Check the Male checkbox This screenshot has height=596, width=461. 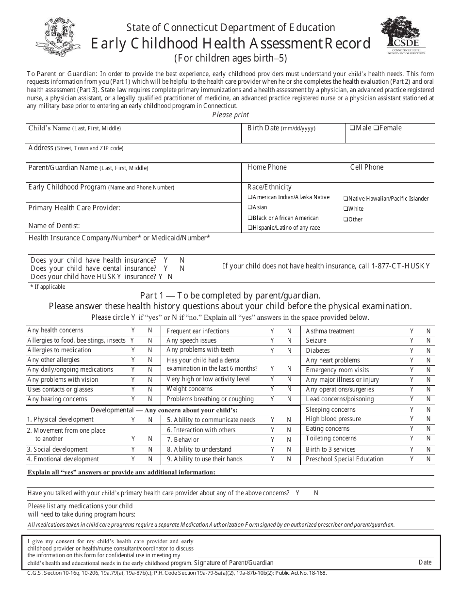pos(351,128)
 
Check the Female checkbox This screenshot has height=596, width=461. pos(376,128)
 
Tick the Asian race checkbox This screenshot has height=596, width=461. pos(249,207)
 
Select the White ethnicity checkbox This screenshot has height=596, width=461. pos(346,209)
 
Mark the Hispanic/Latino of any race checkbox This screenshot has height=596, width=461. pos(249,228)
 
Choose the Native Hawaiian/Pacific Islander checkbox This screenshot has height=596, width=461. pos(346,199)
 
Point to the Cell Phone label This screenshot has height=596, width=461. pos(366,167)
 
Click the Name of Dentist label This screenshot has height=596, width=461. pos(54,225)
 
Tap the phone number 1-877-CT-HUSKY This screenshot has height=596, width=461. pos(400,266)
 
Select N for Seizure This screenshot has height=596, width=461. pos(428,341)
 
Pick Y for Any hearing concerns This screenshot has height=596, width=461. pos(133,399)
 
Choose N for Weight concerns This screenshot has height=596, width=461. pos(289,389)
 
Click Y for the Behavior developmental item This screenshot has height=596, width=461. pos(273,440)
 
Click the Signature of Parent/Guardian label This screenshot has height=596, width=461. pos(233,563)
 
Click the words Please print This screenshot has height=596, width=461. pos(230,115)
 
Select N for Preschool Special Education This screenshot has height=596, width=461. pos(428,459)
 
